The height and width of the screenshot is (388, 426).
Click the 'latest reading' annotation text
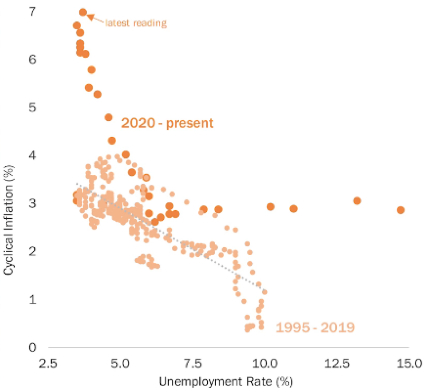point(136,23)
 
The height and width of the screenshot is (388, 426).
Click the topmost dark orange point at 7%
point(83,12)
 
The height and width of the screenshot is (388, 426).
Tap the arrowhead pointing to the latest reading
point(89,17)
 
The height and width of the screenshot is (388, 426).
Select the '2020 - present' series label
point(168,123)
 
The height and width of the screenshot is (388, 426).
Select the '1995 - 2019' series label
point(315,328)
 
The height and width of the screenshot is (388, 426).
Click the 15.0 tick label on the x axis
point(408,363)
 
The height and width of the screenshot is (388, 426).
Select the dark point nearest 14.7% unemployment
point(400,210)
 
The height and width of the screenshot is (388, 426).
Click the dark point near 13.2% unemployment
point(357,201)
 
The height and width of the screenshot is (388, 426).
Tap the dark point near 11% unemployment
point(293,209)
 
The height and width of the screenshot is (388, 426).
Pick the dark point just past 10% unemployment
point(270,206)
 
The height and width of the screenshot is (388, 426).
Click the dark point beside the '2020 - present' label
point(108,117)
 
